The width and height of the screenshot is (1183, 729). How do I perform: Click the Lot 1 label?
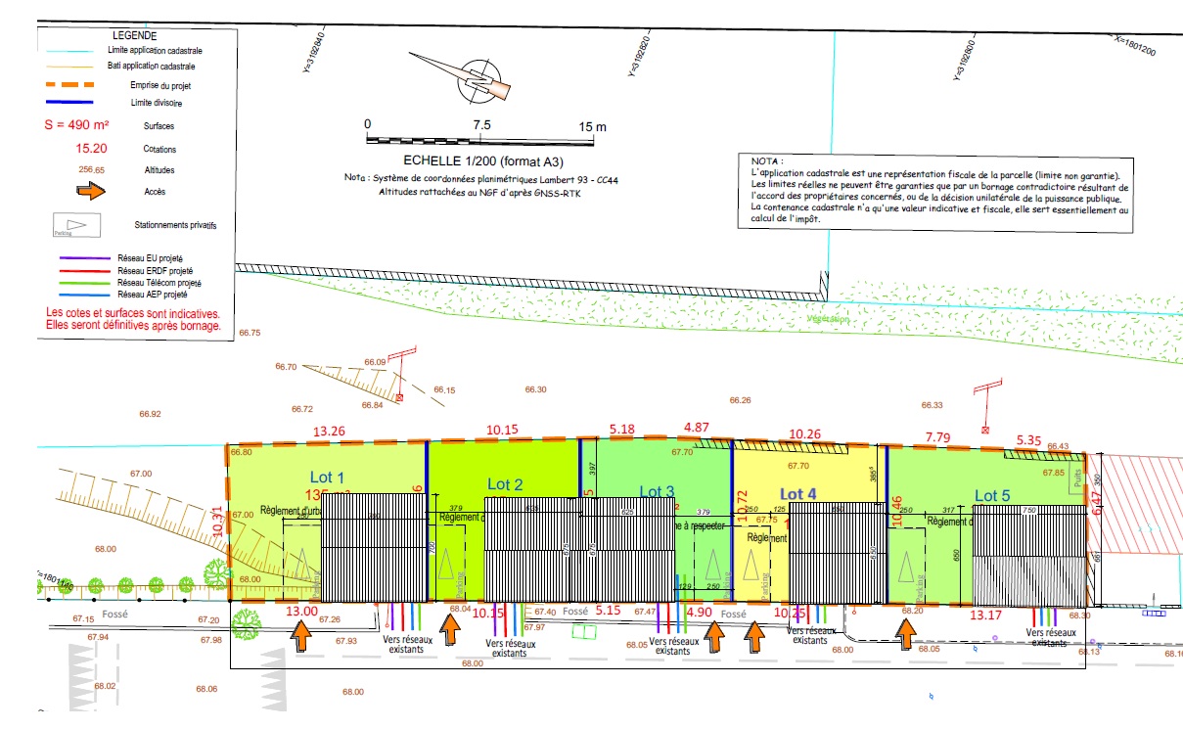tap(327, 478)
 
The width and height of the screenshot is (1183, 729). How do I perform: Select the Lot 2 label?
tap(505, 483)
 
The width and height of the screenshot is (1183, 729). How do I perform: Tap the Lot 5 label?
tap(992, 496)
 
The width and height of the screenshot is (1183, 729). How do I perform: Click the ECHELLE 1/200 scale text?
tap(485, 161)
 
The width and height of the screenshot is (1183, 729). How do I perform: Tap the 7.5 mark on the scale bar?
tap(481, 126)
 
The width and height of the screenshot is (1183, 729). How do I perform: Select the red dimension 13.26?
tap(329, 432)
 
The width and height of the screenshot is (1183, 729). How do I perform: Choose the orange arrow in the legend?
tap(90, 192)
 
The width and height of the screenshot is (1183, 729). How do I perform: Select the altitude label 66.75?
tap(250, 333)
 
